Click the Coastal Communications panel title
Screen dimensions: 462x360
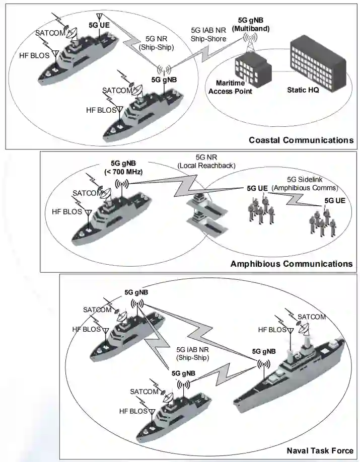click(x=301, y=140)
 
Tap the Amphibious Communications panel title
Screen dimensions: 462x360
click(x=291, y=263)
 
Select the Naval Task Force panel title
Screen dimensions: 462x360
click(x=319, y=450)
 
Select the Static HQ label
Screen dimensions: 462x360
click(x=303, y=91)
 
